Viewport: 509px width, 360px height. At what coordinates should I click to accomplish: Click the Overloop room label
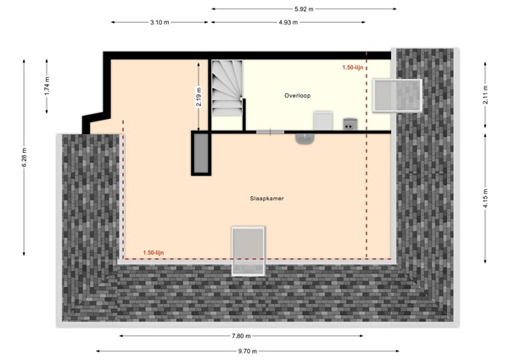pyautogui.click(x=297, y=96)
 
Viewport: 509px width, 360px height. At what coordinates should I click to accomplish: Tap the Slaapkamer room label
pyautogui.click(x=267, y=198)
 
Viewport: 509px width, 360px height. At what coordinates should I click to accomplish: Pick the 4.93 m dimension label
pyautogui.click(x=288, y=22)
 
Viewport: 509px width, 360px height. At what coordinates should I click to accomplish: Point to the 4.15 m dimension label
pyautogui.click(x=484, y=196)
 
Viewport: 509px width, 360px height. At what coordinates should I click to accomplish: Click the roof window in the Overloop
pyautogui.click(x=397, y=93)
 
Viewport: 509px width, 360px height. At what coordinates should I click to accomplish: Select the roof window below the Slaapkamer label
pyautogui.click(x=250, y=250)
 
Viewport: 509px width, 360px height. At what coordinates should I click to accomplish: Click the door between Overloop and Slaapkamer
pyautogui.click(x=270, y=132)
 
